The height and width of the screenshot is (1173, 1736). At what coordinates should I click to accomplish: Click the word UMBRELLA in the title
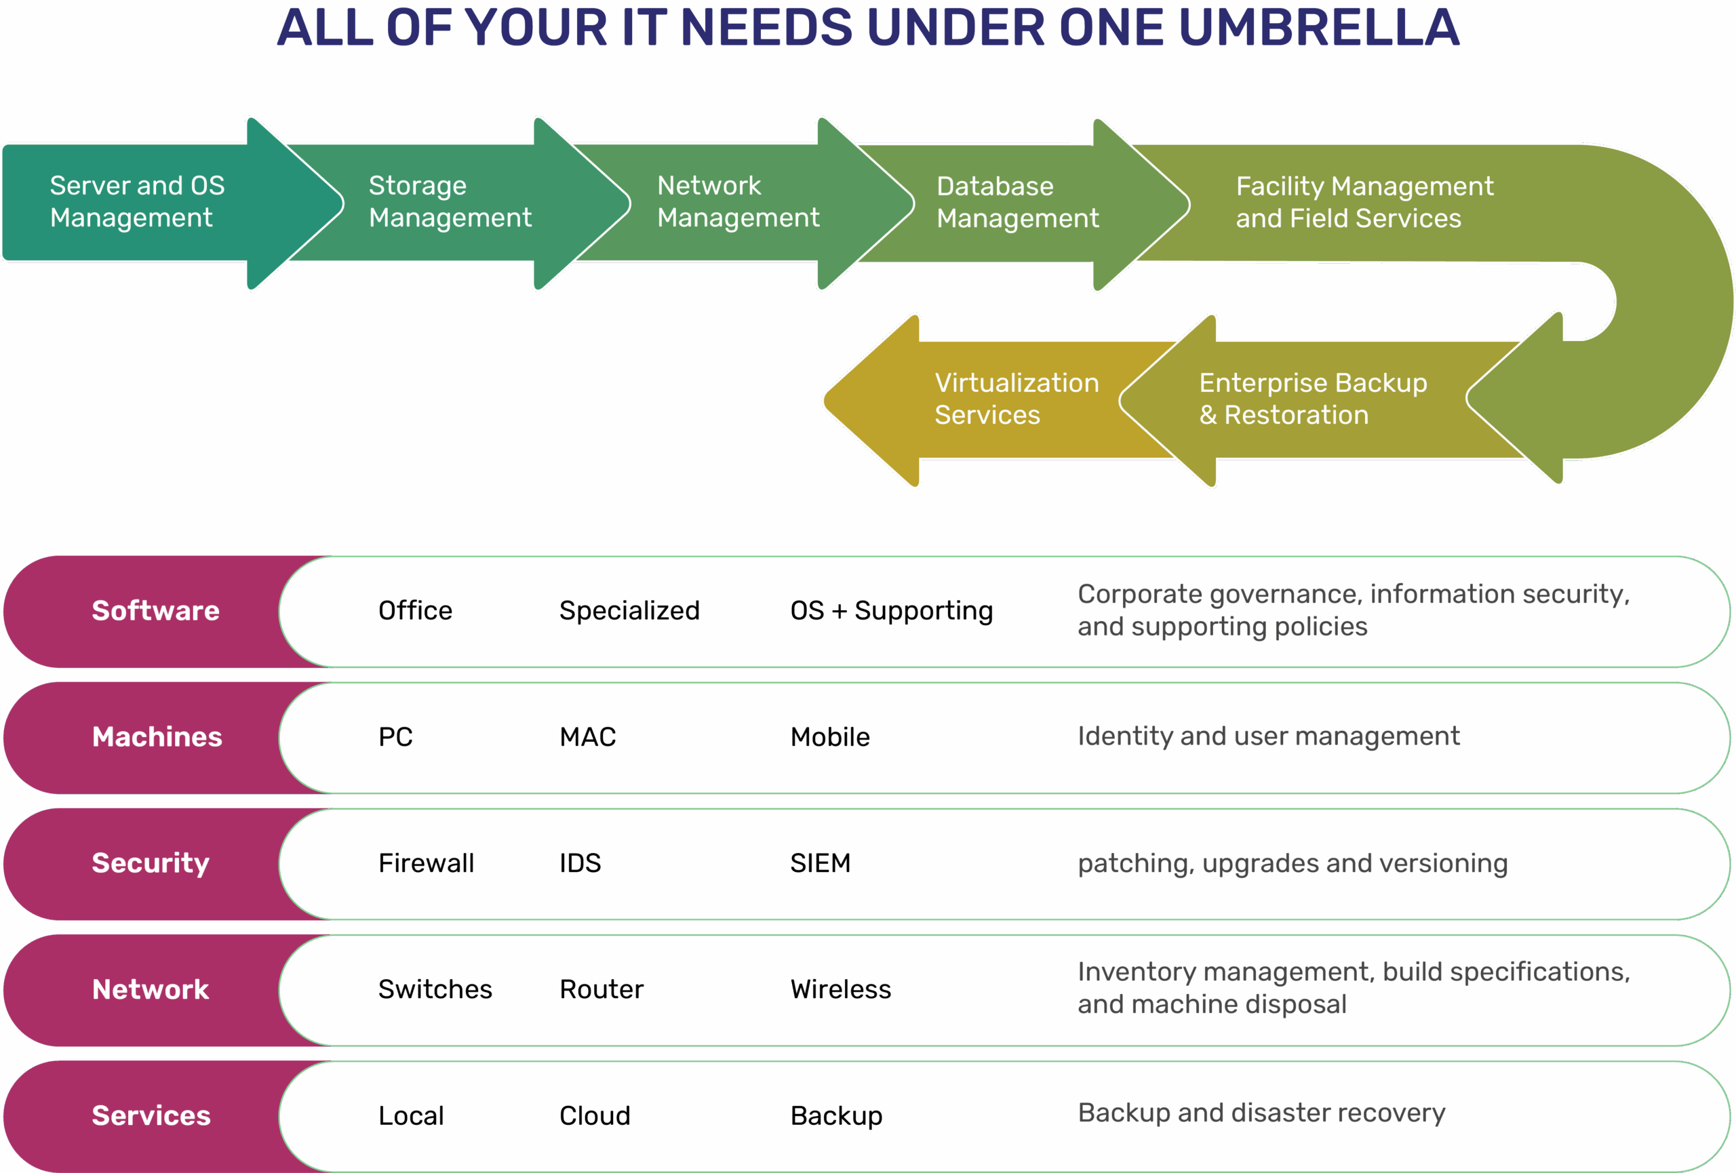pos(1318,28)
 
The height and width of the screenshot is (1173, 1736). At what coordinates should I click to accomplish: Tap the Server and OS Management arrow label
pos(137,201)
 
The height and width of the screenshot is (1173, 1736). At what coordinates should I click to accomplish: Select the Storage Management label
pos(450,201)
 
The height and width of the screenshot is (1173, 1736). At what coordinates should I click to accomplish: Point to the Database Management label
pos(1017,202)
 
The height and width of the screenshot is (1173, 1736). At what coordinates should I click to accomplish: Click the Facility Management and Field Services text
pos(1364,202)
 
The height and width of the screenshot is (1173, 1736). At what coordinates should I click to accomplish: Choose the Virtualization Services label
pos(1016,399)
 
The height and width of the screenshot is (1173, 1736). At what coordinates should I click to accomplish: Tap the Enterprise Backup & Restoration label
pos(1312,399)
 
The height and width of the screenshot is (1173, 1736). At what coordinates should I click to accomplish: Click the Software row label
pos(155,611)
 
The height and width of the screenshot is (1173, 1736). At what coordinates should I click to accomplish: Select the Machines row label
pos(157,737)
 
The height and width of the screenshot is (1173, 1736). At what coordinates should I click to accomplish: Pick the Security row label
pos(150,863)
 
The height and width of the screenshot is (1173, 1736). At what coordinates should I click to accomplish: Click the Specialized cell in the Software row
pos(629,611)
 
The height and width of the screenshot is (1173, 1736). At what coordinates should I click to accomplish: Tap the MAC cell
pos(587,737)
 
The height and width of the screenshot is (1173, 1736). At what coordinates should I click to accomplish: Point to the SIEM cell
pos(821,863)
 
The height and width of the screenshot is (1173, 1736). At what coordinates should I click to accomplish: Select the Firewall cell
pos(426,863)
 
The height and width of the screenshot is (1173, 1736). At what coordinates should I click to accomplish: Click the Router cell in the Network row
pos(601,989)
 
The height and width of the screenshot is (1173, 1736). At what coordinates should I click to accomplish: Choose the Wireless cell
pos(840,989)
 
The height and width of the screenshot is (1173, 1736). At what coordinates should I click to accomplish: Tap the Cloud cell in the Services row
pos(595,1115)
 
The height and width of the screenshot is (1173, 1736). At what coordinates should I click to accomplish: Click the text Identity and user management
pos(1267,736)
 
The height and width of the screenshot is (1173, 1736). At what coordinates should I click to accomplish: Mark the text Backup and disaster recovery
pos(1261,1113)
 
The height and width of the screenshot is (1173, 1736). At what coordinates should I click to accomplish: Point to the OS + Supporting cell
pos(891,611)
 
